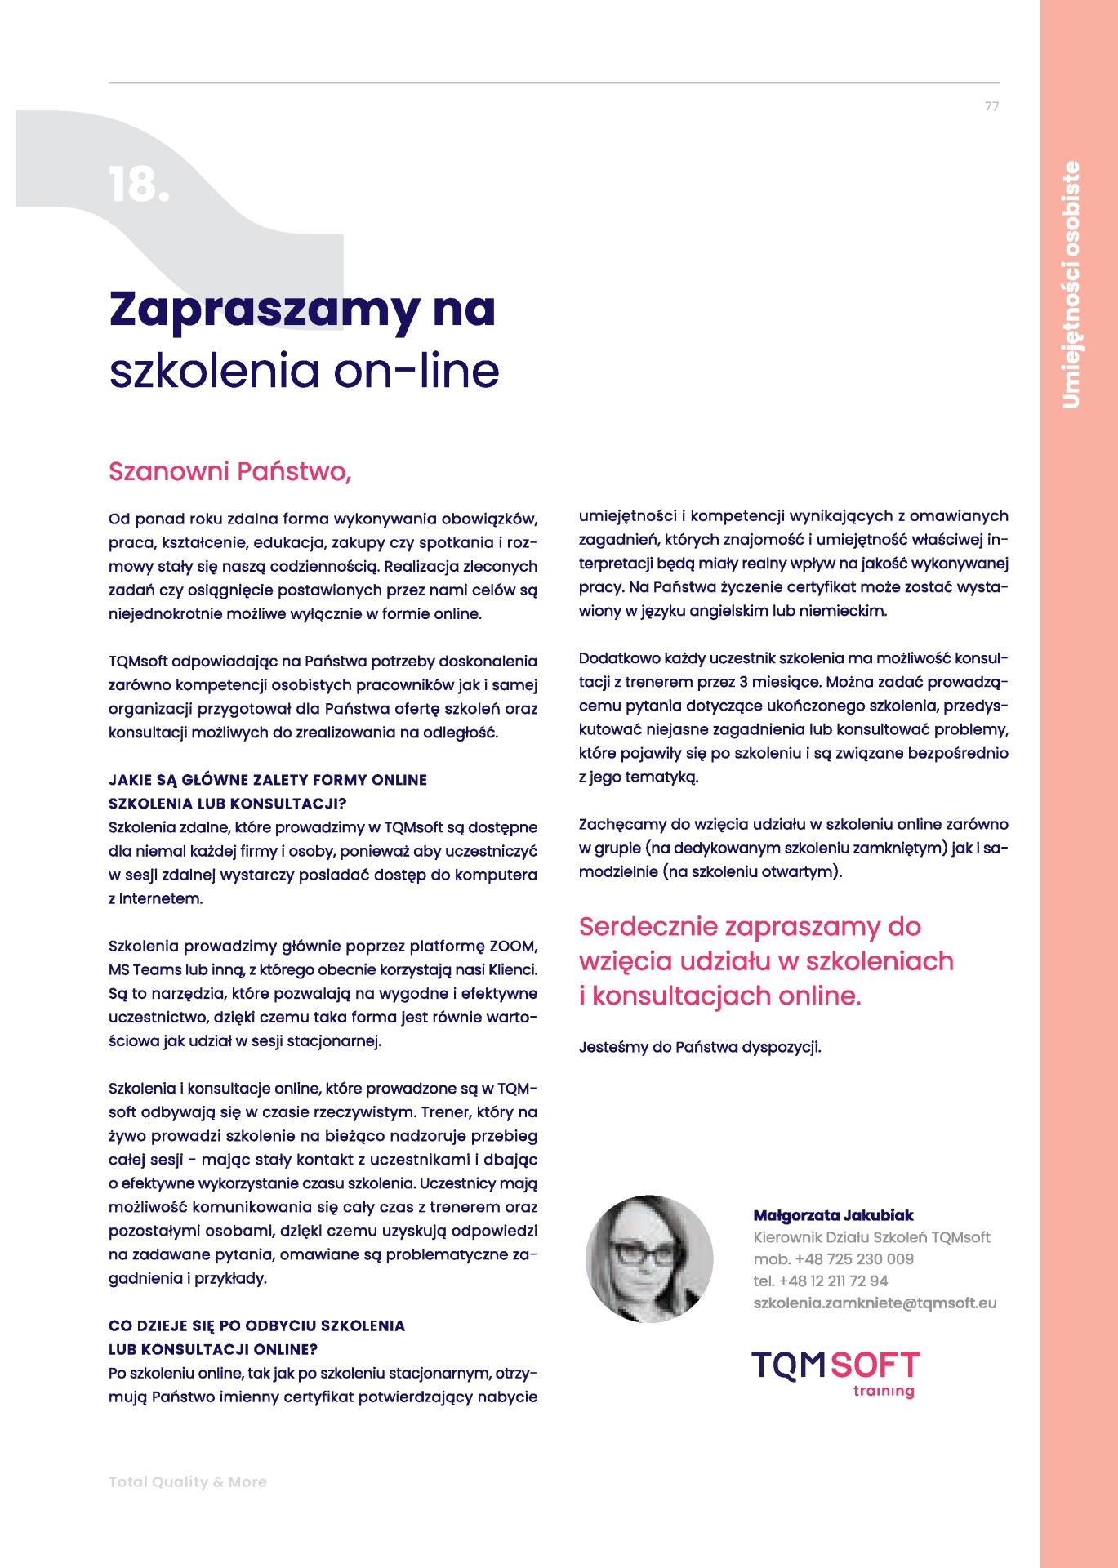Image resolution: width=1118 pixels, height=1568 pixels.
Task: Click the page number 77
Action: point(991,107)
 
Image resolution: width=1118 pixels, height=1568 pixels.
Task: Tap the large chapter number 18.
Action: point(138,185)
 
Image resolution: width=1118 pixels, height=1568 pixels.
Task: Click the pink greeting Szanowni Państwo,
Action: point(229,472)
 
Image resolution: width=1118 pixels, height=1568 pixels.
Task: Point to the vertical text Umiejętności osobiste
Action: point(1071,284)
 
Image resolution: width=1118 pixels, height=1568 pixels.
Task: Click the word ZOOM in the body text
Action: point(512,947)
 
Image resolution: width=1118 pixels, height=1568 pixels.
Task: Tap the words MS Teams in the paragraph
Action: point(145,970)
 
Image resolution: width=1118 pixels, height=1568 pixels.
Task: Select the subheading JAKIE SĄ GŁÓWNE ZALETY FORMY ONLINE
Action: point(268,780)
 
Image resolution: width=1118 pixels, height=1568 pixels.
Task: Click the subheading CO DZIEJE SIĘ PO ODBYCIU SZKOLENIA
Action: point(256,1325)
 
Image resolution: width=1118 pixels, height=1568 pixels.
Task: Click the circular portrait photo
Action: point(649,1258)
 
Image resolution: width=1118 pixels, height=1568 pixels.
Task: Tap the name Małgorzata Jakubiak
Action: point(833,1215)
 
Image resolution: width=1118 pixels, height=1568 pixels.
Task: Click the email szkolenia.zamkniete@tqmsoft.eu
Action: point(875,1303)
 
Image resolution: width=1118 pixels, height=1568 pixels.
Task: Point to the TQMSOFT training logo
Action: point(835,1374)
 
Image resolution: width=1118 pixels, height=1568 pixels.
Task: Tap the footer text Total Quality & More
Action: point(188,1481)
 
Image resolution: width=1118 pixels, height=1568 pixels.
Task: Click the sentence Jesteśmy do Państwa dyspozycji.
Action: point(700,1047)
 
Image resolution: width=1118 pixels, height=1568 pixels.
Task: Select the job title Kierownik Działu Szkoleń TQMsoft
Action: point(871,1237)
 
